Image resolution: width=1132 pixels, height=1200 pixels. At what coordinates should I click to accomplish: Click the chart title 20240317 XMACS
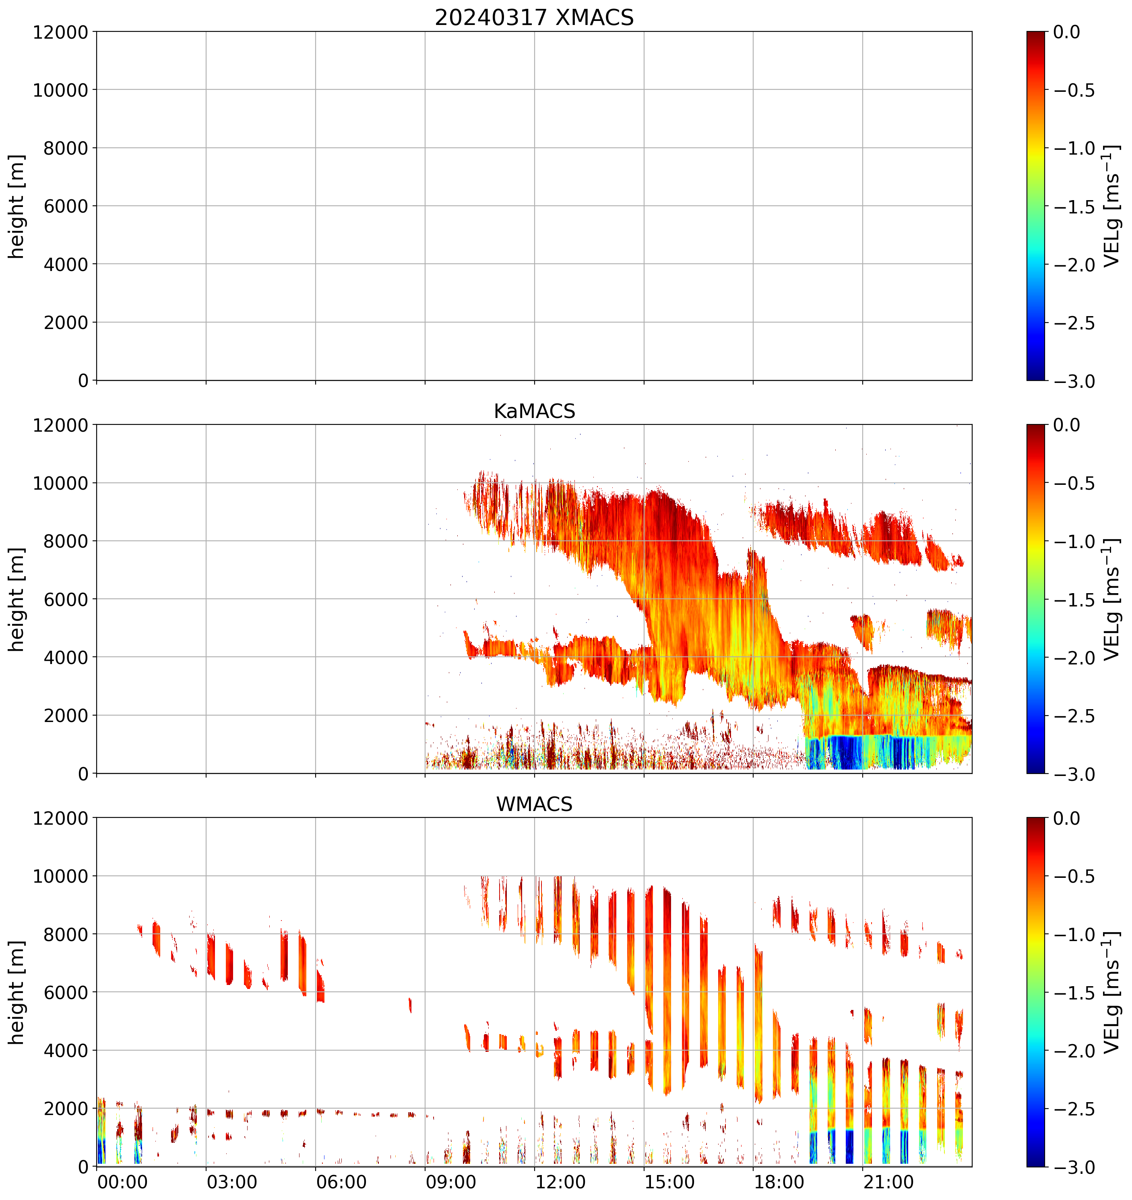point(534,17)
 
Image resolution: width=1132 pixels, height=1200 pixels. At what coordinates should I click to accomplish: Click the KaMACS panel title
point(534,411)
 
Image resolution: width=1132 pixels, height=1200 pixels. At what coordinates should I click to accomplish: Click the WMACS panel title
point(534,804)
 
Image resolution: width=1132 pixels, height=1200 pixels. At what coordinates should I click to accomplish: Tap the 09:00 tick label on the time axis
point(451,1182)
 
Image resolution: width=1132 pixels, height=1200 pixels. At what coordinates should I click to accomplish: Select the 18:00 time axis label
point(779,1182)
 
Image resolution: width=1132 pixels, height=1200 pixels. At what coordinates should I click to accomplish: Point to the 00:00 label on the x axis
point(122,1182)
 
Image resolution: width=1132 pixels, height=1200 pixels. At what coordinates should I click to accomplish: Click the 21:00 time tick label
point(888,1182)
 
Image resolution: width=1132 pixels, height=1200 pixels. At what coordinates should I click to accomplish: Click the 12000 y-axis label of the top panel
point(60,32)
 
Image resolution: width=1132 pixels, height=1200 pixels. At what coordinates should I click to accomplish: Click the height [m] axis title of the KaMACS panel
point(17,600)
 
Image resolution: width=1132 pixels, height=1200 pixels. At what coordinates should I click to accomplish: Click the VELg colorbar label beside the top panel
point(1111,206)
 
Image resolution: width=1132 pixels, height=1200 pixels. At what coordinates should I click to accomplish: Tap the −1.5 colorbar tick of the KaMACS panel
point(1074,600)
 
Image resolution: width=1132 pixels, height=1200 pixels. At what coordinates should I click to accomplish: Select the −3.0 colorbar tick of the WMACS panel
point(1074,1167)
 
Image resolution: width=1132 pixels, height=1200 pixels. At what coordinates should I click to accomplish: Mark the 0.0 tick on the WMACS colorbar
point(1067,819)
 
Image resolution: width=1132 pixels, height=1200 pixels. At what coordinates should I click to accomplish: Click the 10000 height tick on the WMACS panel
point(60,877)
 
